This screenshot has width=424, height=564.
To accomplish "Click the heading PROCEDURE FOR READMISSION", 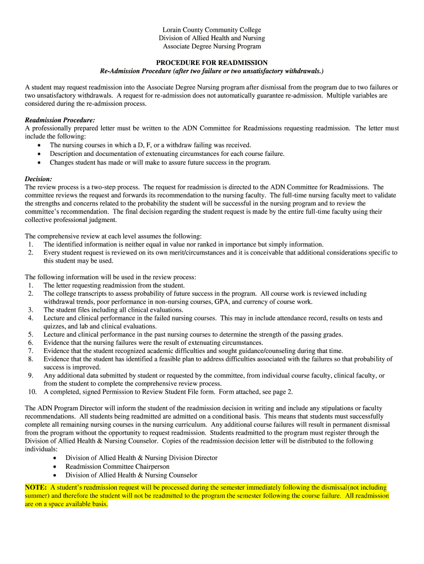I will pos(211,63).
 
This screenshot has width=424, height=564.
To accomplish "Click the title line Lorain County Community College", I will pos(211,30).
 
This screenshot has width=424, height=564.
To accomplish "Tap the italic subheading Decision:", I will pos(39,179).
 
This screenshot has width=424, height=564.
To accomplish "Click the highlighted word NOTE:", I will pos(36,487).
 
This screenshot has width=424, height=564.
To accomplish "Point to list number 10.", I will pos(32,392).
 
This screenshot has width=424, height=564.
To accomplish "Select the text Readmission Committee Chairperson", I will pos(117,467).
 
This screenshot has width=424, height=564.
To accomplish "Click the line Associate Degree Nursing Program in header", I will pos(211,46).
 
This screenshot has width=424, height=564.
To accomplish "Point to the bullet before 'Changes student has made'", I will pos(39,162).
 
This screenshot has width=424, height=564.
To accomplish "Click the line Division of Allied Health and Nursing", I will pos(211,38).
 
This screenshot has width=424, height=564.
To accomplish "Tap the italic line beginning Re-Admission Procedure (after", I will pos(211,72).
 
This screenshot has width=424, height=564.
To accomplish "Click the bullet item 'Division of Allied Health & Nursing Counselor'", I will pos(131,475).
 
